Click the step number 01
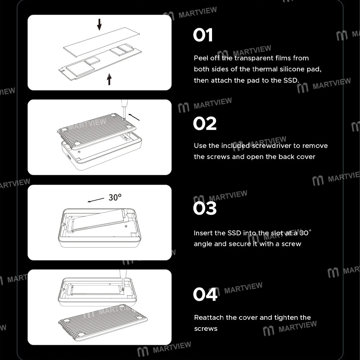tap(203, 35)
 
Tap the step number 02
tap(204, 123)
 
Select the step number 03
tap(204, 208)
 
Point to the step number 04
tap(205, 294)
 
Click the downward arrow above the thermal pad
tap(99, 24)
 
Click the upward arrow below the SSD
tap(109, 79)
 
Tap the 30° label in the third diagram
tap(115, 197)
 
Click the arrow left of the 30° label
tap(96, 200)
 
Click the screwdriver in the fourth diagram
tap(123, 280)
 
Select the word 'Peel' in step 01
tap(201, 58)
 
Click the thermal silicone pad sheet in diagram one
tap(102, 42)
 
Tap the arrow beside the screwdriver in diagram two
tap(134, 117)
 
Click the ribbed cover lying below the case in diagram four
tap(103, 320)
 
